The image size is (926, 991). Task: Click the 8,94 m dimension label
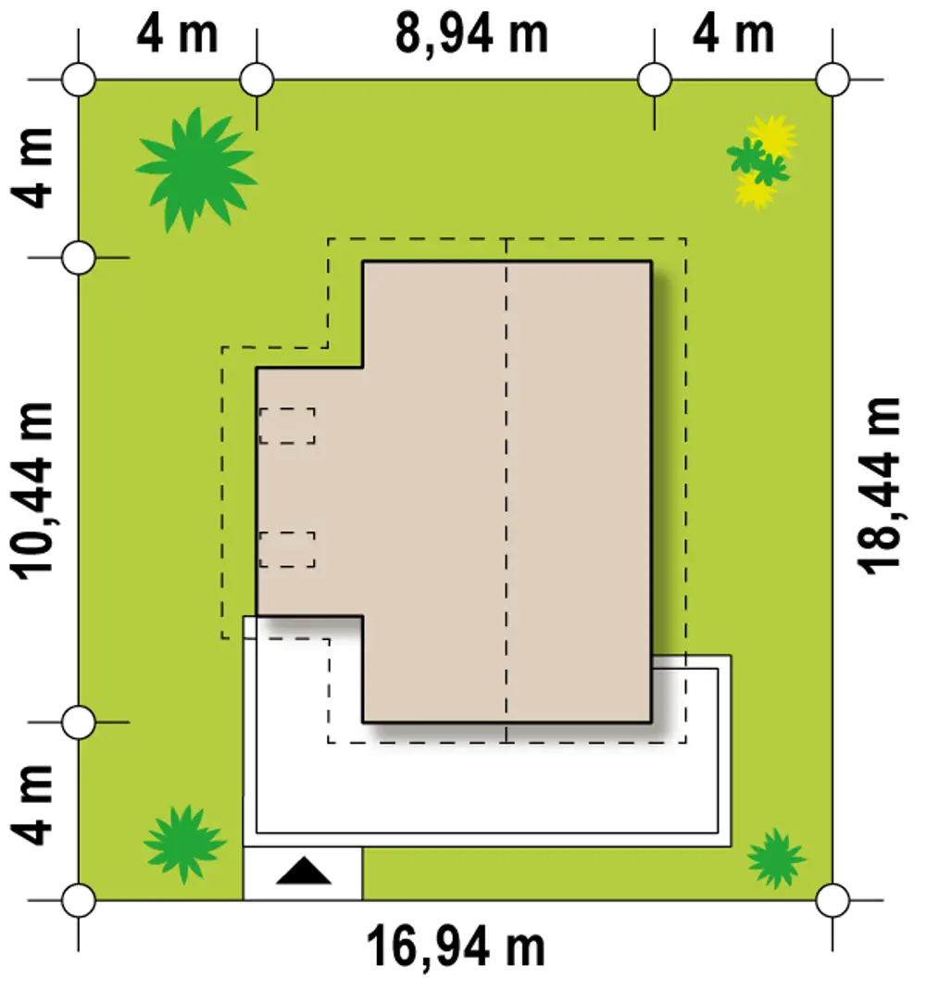click(471, 35)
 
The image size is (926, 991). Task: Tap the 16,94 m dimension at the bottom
click(455, 947)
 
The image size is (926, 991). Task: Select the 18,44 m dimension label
click(879, 486)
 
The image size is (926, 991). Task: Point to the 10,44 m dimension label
click(33, 491)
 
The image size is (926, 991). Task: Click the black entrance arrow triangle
click(304, 871)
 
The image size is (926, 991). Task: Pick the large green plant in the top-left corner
click(196, 169)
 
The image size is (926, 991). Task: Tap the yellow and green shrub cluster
click(761, 162)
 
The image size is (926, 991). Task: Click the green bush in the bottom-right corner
click(776, 859)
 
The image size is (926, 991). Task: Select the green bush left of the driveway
click(184, 844)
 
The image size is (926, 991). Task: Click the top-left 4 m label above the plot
click(177, 35)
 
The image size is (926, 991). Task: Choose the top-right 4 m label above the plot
click(733, 35)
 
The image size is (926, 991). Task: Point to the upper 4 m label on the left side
click(32, 169)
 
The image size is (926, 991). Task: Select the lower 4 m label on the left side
click(32, 805)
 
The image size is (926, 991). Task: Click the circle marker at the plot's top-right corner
click(832, 81)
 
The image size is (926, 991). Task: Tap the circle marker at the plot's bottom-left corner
click(79, 900)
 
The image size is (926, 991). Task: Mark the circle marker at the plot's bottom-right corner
click(832, 900)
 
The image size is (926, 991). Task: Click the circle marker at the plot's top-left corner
click(79, 81)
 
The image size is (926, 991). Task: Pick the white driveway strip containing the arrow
click(303, 873)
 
